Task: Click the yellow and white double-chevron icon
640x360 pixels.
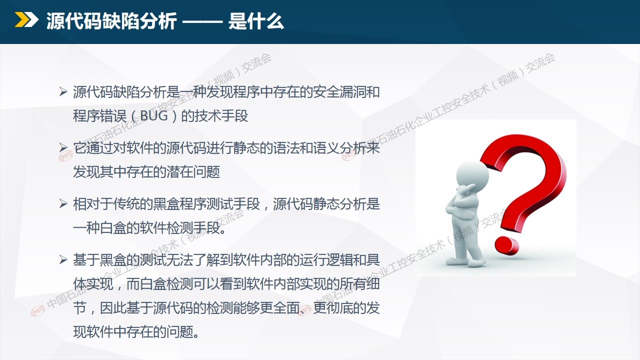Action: [x=26, y=19]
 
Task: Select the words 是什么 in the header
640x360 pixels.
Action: [x=256, y=21]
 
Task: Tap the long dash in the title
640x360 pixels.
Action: [x=202, y=21]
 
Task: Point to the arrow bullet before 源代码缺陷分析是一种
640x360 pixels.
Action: [x=63, y=92]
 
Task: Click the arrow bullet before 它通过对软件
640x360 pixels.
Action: [x=63, y=147]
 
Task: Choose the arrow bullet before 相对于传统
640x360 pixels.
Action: [x=63, y=203]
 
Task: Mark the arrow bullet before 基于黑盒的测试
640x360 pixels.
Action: [x=63, y=259]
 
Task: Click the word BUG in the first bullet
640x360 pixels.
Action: [x=154, y=116]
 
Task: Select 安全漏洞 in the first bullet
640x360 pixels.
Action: [x=339, y=92]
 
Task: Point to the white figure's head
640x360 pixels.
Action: [x=471, y=175]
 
